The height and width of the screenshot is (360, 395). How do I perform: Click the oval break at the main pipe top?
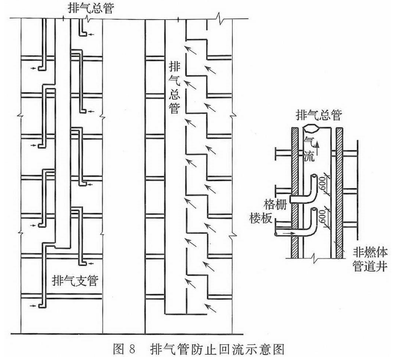(313, 130)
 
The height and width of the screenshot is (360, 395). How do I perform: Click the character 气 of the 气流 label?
(308, 139)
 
